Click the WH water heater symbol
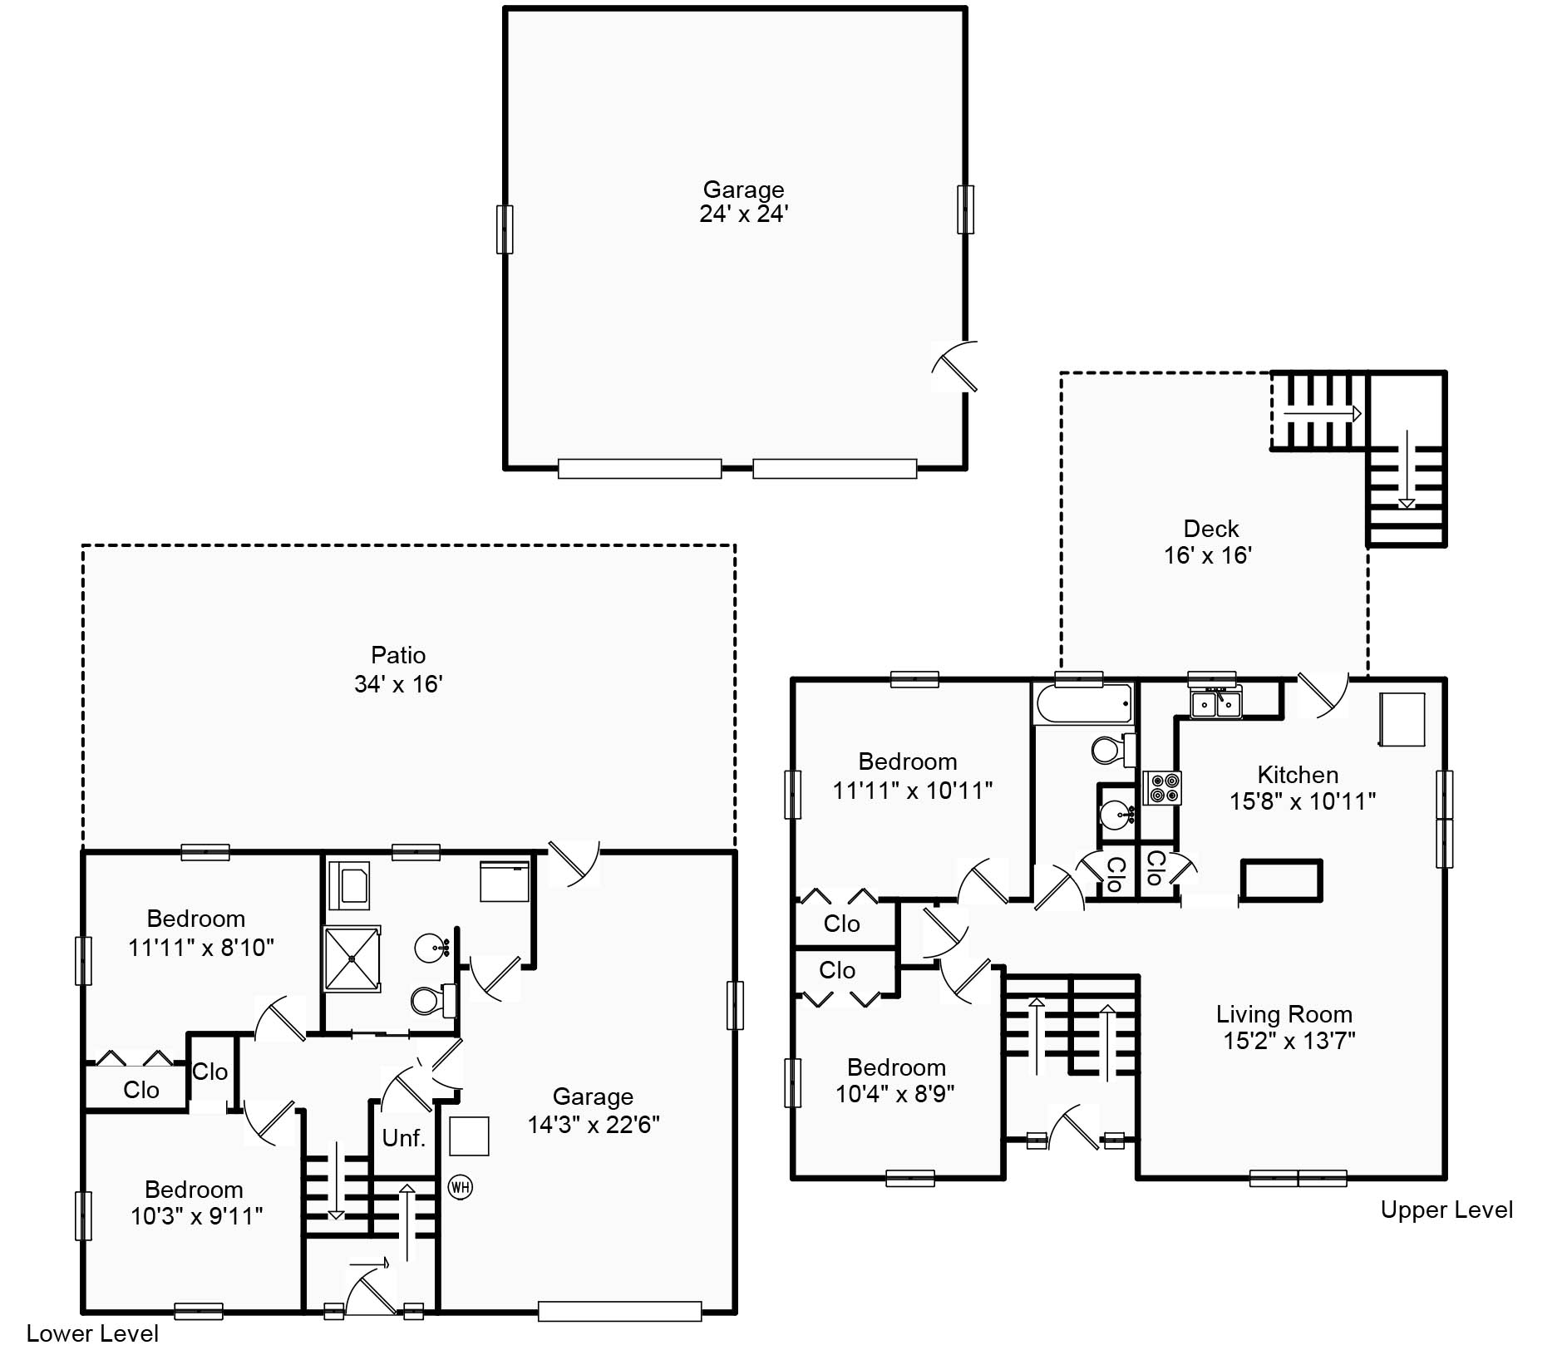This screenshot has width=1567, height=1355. (x=460, y=1186)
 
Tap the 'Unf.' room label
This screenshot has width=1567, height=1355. (x=403, y=1137)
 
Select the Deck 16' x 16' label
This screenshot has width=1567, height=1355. (x=1210, y=542)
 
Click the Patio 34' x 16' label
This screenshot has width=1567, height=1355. (x=398, y=669)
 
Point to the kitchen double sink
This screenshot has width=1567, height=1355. (x=1215, y=704)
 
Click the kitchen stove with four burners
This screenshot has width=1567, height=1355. (x=1161, y=788)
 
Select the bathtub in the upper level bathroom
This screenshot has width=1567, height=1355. (x=1083, y=704)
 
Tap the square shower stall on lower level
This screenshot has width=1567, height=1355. (x=352, y=958)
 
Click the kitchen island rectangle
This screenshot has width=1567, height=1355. (x=1280, y=880)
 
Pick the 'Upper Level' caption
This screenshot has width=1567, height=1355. (x=1446, y=1210)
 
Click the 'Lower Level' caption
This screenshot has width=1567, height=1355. (x=92, y=1333)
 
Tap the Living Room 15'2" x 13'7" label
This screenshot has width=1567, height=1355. (x=1286, y=1027)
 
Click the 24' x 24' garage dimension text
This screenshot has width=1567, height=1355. (x=743, y=214)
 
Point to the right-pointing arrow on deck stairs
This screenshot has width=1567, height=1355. (x=1321, y=413)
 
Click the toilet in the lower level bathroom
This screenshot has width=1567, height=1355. (x=431, y=1000)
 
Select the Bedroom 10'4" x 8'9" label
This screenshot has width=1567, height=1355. (x=895, y=1080)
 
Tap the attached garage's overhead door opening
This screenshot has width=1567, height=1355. (x=619, y=1311)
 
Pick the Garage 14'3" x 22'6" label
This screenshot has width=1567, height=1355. (x=593, y=1111)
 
